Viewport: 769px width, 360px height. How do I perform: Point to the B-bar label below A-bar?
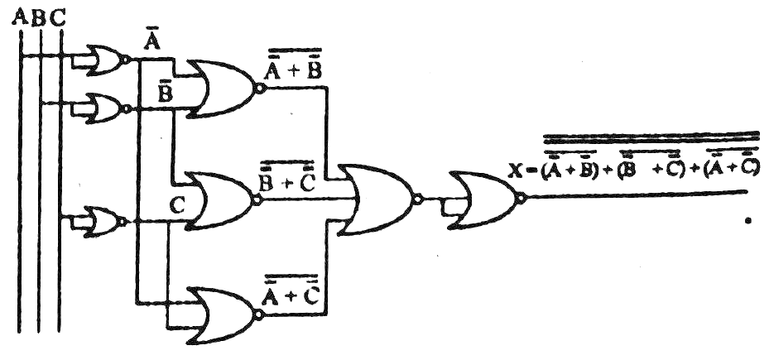pos(165,92)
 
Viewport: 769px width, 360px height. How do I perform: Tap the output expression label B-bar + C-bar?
pos(287,175)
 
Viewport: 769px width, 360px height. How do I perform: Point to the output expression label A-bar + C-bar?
pos(291,290)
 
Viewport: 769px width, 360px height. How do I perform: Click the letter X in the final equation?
pos(517,172)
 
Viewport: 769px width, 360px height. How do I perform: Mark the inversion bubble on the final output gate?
pos(520,199)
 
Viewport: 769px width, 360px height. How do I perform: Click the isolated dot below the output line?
pos(747,222)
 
